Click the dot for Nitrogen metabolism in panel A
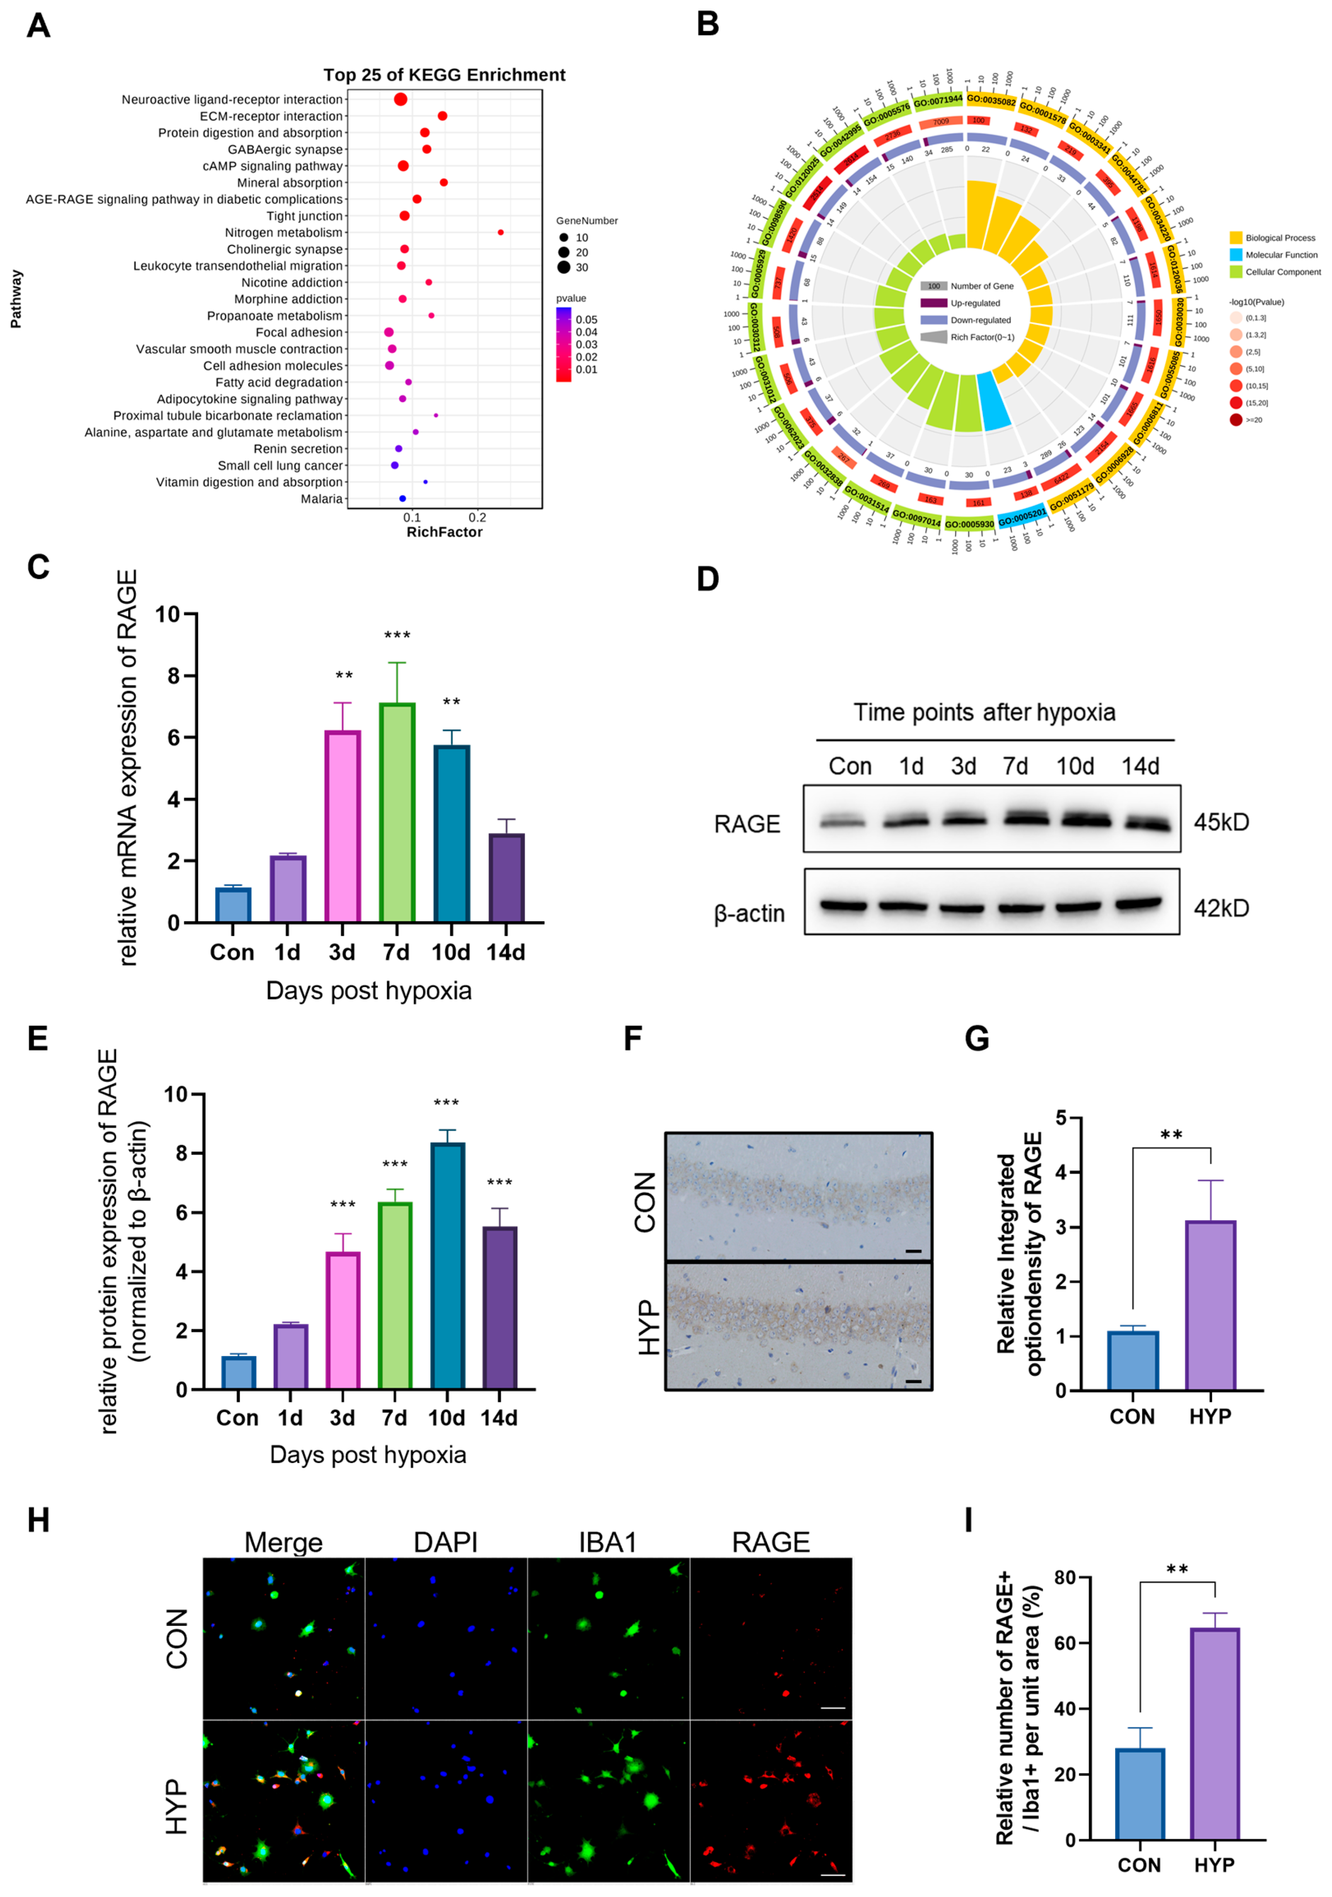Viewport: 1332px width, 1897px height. [500, 232]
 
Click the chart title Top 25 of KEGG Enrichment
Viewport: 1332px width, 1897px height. [444, 75]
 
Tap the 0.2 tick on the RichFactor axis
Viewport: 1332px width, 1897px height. [477, 517]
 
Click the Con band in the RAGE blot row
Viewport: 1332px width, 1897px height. [842, 822]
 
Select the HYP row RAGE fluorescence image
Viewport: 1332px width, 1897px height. [770, 1800]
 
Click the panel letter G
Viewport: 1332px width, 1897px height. [977, 1038]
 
